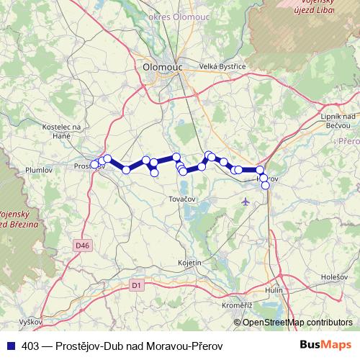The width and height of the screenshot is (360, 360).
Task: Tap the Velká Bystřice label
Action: click(223, 66)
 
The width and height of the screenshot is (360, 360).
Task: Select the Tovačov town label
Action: click(184, 197)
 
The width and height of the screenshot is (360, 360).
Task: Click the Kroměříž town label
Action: click(233, 306)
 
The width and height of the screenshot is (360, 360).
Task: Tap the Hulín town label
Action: click(274, 289)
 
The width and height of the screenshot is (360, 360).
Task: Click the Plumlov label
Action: click(39, 171)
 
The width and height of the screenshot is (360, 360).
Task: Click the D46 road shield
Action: click(83, 246)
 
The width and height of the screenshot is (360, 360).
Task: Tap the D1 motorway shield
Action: click(135, 285)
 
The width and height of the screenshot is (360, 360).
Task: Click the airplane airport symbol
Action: click(248, 201)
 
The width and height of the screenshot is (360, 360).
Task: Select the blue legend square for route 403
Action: click(10, 346)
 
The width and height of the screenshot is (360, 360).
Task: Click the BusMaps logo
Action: click(325, 345)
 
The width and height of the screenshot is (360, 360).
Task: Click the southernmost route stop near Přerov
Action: click(266, 186)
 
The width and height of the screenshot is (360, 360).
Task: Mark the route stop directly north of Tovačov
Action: click(184, 171)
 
